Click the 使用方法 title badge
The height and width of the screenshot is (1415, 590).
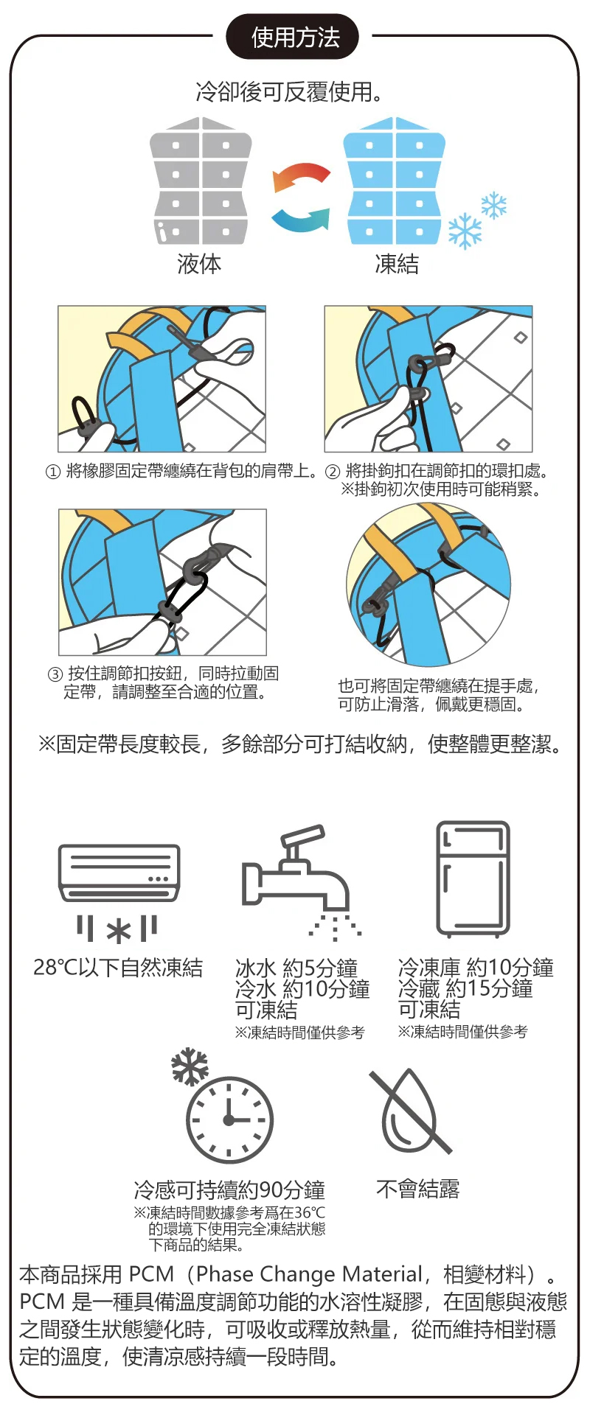293,36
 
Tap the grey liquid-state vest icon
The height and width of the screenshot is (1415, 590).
201,181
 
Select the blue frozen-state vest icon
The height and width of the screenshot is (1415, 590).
395,181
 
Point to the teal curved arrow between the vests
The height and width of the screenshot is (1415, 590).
300,219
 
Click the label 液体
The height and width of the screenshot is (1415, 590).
199,264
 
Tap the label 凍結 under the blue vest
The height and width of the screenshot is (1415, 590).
397,264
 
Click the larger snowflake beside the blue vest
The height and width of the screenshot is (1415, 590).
465,231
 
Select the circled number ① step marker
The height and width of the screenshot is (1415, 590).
52,472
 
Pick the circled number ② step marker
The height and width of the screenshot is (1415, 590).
333,472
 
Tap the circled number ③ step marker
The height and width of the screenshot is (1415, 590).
55,674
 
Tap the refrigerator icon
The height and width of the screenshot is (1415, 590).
473,879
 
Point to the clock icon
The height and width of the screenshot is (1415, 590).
229,1121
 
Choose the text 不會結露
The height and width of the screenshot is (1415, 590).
417,1189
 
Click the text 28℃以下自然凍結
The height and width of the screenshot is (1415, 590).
118,968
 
